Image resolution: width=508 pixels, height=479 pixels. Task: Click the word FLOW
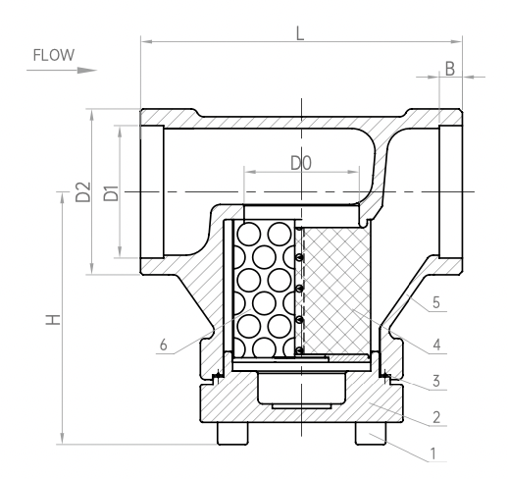coord(54,55)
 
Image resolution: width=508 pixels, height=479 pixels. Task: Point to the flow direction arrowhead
coord(87,71)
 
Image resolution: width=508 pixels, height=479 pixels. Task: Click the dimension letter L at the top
coord(300,33)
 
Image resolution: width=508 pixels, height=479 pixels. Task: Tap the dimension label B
coord(450,69)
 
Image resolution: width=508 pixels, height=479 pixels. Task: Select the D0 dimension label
coord(301,163)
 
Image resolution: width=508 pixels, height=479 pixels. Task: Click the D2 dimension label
coord(83,192)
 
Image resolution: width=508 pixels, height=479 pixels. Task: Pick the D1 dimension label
coord(111,193)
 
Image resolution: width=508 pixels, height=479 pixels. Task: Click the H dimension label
coord(53,320)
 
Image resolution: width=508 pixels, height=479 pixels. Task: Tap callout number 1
coord(433,453)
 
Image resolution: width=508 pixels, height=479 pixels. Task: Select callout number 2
coord(436,417)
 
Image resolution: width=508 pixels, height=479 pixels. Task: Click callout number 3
coord(436,381)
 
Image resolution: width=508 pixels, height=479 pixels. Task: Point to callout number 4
coord(436,345)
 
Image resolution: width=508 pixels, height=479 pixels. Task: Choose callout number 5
coord(436,302)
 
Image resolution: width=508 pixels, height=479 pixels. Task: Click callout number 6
coord(164,345)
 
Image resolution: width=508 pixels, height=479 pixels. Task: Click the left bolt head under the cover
coord(232,434)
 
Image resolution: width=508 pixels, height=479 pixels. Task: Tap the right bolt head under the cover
coord(371,434)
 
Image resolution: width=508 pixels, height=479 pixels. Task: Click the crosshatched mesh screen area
coord(336,290)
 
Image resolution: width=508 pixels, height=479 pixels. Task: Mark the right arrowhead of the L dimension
coord(456,41)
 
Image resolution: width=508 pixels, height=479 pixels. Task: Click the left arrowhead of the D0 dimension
coord(250,172)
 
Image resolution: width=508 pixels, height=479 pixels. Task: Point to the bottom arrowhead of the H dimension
coord(62,438)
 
